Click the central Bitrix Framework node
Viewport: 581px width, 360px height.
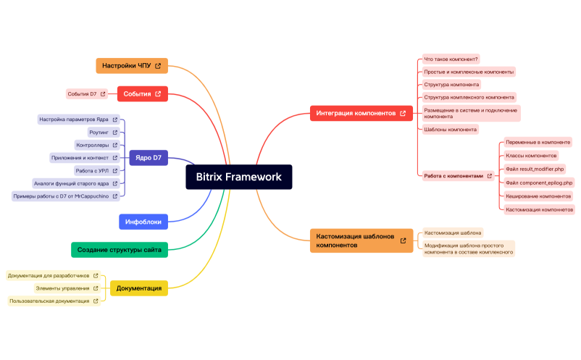click(238, 177)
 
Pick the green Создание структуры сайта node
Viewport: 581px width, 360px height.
click(120, 250)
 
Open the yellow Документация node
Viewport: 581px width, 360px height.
click(138, 288)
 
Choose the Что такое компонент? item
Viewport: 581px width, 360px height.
click(451, 59)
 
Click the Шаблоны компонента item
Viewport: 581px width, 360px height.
click(450, 130)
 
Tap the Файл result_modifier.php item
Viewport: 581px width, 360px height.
click(535, 169)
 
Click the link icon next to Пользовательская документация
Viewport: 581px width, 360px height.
click(95, 301)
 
